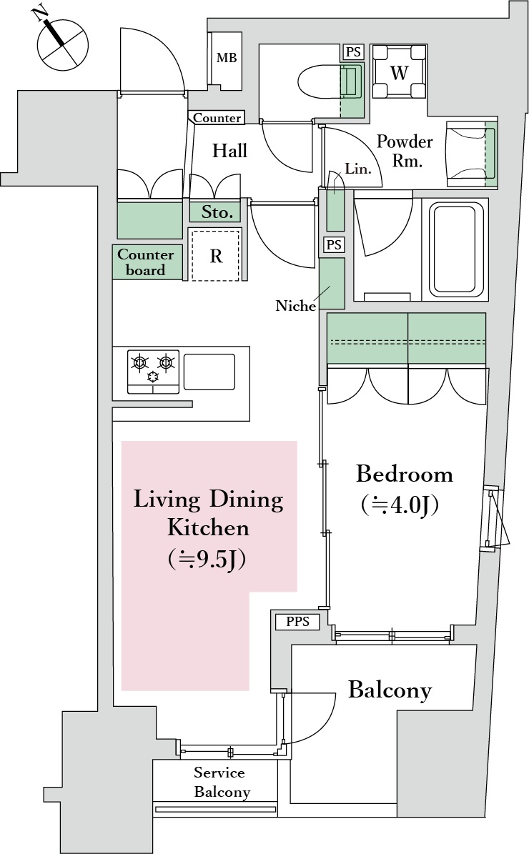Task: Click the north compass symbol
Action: coord(64,45)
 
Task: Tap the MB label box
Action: coord(227,59)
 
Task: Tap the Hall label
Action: coord(229,151)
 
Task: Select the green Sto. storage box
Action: coord(215,212)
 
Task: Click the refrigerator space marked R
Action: coord(215,256)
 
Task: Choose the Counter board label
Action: coord(146,262)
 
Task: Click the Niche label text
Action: coord(296,306)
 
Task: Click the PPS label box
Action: coord(297,622)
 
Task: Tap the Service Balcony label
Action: coord(219,783)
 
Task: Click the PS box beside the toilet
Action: coord(352,52)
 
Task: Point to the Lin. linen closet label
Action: coord(357,169)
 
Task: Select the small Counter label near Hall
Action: coord(217,118)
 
